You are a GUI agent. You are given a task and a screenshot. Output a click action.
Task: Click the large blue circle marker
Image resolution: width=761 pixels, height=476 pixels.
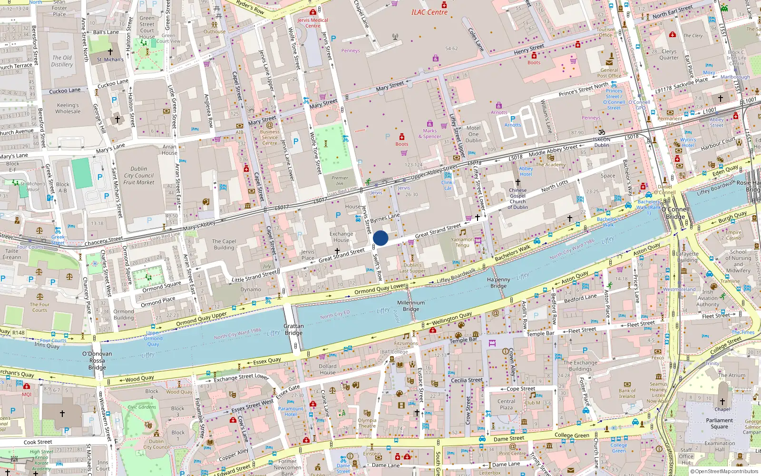pos(380,238)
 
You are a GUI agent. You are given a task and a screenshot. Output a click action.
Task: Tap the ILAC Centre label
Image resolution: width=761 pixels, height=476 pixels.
pos(429,12)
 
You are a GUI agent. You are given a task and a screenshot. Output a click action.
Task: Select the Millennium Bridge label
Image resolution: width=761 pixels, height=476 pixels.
pos(411,306)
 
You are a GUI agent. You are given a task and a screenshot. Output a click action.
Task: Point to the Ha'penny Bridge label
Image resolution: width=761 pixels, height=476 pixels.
pos(498,283)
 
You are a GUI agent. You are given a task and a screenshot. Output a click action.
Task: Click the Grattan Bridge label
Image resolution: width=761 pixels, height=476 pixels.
pos(293,329)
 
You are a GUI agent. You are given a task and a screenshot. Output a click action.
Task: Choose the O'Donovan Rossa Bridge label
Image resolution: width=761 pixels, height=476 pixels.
pos(97,360)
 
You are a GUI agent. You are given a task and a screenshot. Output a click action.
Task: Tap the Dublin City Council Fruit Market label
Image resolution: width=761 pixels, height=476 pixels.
pos(139,175)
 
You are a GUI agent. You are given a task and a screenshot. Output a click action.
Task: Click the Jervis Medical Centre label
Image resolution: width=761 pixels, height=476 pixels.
pos(312,23)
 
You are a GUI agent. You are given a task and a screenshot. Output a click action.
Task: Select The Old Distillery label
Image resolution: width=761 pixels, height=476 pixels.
pos(62,61)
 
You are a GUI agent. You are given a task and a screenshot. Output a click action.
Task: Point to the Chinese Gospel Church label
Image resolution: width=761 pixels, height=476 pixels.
pos(517,198)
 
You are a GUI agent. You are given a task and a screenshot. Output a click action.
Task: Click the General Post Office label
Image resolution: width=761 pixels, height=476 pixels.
pos(609,73)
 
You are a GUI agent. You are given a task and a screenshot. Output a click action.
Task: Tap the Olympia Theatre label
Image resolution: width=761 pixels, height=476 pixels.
pos(367,423)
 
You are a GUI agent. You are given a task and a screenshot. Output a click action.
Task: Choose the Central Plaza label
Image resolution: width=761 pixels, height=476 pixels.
pos(506,404)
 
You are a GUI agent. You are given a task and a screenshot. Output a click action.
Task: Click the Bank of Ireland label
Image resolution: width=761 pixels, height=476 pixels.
pos(627,393)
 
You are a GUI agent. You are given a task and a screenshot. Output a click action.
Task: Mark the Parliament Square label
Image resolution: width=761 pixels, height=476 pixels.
pos(719,423)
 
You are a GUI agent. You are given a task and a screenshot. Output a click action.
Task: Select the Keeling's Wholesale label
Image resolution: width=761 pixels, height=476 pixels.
pos(68,108)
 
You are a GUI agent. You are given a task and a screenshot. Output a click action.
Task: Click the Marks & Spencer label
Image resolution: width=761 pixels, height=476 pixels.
pos(429,133)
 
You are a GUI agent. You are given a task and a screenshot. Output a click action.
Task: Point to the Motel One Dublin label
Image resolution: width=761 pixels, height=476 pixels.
pos(473,134)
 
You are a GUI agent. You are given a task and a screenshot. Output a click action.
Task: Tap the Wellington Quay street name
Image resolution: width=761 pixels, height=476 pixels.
pos(451,317)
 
